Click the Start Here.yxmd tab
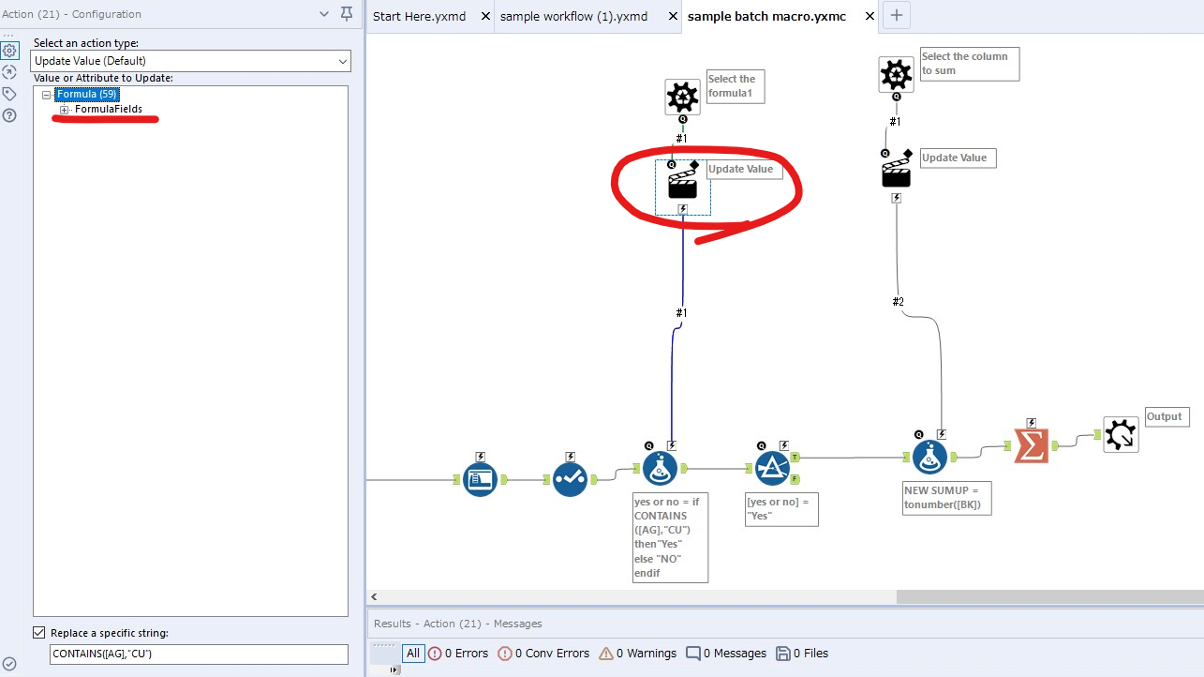tap(418, 16)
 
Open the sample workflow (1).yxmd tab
tap(573, 16)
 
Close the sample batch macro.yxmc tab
tap(870, 16)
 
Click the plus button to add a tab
tap(897, 15)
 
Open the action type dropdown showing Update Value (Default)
tap(191, 61)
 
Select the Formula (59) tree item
tap(86, 94)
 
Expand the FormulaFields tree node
tap(65, 110)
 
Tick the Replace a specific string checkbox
tap(38, 633)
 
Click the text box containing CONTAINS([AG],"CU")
tap(199, 654)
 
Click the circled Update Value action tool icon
tap(682, 184)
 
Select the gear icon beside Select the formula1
tap(682, 97)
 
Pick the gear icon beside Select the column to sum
tap(896, 74)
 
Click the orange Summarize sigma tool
tap(1031, 445)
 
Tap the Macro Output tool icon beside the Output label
tap(1121, 435)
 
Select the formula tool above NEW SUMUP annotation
tap(930, 457)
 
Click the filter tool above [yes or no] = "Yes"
tap(773, 467)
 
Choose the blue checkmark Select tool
tap(570, 479)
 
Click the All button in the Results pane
tap(412, 654)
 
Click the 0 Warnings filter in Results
tap(637, 654)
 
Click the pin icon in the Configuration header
tap(347, 14)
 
